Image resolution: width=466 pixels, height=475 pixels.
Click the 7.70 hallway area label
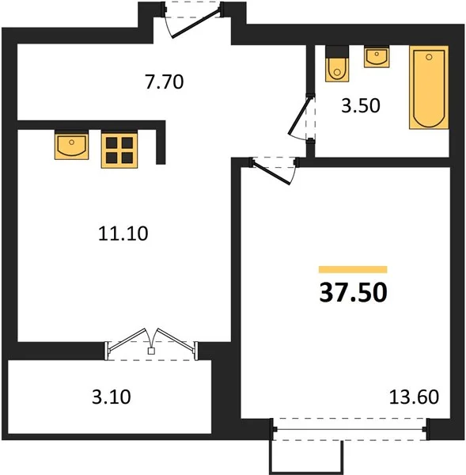click(165, 82)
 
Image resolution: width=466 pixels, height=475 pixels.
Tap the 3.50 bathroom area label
click(360, 106)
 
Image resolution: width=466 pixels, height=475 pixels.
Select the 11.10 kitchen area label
click(123, 234)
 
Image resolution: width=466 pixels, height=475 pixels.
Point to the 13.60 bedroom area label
click(414, 397)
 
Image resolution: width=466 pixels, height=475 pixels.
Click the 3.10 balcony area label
click(112, 397)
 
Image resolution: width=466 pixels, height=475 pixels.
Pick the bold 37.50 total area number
click(353, 293)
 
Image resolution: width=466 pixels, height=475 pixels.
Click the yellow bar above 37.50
click(353, 269)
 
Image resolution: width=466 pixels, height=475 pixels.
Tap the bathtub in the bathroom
click(429, 88)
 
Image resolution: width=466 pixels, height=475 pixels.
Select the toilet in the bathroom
click(337, 63)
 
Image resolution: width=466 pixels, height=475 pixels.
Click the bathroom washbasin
click(377, 57)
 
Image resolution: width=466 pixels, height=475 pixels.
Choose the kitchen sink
click(72, 145)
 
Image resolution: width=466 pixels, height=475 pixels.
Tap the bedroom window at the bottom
click(350, 429)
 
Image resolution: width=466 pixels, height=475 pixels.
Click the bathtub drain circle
click(429, 57)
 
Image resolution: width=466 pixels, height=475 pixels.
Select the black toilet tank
click(337, 52)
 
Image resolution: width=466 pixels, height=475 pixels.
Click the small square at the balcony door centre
click(151, 351)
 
